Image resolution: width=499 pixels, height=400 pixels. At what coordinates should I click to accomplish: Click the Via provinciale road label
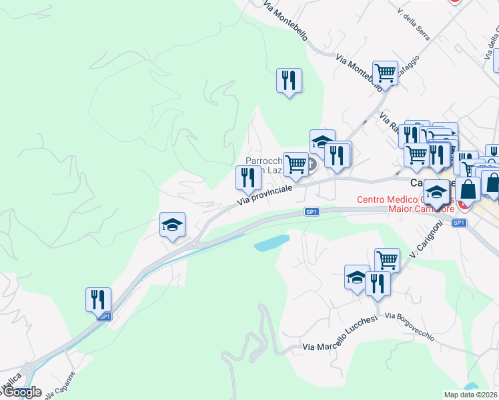pyautogui.click(x=266, y=194)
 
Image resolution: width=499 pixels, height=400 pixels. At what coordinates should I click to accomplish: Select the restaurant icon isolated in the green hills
pyautogui.click(x=289, y=81)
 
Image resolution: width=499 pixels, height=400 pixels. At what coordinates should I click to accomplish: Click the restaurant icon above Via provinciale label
pyautogui.click(x=247, y=178)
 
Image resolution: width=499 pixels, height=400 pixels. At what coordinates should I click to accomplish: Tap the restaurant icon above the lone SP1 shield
pyautogui.click(x=98, y=299)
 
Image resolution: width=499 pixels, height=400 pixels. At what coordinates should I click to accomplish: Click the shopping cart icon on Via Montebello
pyautogui.click(x=385, y=72)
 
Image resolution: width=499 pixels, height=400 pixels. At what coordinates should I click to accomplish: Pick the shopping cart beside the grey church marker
pyautogui.click(x=295, y=163)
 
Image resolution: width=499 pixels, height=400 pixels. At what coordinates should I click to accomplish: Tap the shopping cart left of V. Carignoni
pyautogui.click(x=387, y=259)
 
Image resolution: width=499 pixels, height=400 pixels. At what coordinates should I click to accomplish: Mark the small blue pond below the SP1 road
pyautogui.click(x=272, y=243)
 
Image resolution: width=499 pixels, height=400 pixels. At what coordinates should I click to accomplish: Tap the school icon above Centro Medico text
pyautogui.click(x=437, y=193)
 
